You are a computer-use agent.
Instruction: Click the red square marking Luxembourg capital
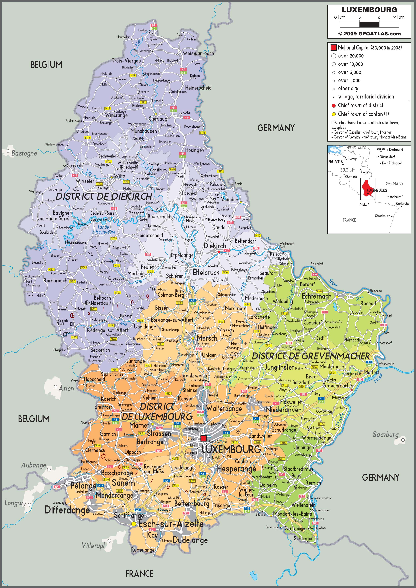[203, 438]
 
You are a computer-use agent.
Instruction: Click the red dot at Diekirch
[219, 252]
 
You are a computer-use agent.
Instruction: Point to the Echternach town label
[316, 296]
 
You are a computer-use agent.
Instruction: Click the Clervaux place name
[158, 119]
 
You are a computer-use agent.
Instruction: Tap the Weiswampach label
[198, 53]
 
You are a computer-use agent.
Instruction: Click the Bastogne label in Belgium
[24, 153]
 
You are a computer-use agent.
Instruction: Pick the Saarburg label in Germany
[385, 434]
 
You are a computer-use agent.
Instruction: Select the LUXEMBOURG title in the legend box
[369, 10]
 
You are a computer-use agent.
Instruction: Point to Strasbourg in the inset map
[382, 216]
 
